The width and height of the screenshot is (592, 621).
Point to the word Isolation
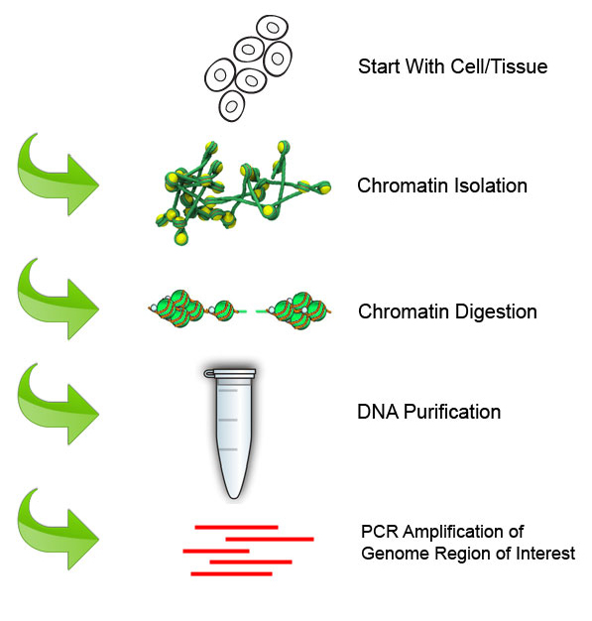[490, 186]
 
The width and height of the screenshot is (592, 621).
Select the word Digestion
[496, 312]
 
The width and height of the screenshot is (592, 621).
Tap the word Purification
[452, 412]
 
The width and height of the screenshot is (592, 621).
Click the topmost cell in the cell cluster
[272, 28]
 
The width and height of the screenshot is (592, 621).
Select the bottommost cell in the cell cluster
[232, 106]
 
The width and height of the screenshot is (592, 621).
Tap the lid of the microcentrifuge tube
[230, 373]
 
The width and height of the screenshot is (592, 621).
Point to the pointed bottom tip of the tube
[234, 496]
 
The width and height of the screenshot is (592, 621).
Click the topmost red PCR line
[236, 527]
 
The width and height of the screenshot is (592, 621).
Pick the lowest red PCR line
[231, 573]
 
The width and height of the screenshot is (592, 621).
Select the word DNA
[378, 412]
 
